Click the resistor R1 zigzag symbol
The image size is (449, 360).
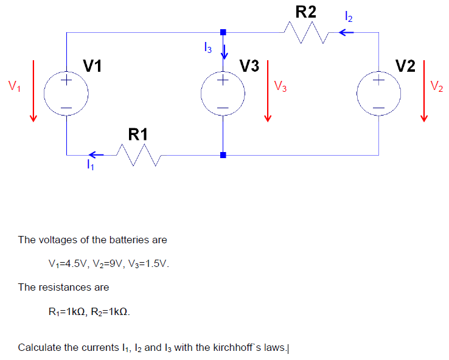tap(139, 155)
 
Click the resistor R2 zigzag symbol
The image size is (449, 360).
tap(307, 32)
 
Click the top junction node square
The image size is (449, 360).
tap(223, 32)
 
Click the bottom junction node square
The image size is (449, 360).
tap(223, 155)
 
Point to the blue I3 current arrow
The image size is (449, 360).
tap(224, 52)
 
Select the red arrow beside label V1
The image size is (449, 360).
tap(33, 91)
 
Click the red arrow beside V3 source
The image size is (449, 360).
tap(268, 91)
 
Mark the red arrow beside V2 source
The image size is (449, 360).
tap(424, 91)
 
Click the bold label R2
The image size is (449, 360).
tap(306, 12)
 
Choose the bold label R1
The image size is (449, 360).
tap(138, 134)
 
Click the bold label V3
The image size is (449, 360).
tap(249, 66)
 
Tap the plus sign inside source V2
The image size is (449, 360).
tap(378, 80)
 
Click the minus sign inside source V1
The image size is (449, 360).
tap(66, 108)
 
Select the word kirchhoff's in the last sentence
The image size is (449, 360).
tap(249, 347)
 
